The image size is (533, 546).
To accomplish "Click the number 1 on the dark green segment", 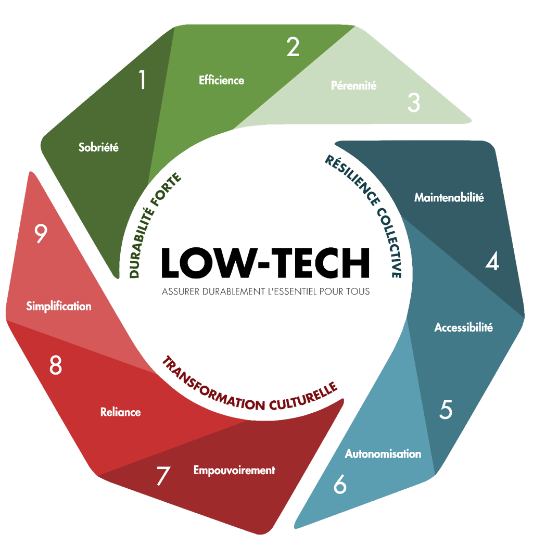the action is tap(142, 80).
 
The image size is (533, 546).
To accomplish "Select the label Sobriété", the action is tap(99, 147).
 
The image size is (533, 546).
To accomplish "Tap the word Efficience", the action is tap(221, 80).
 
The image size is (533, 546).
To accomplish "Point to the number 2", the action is tap(293, 47).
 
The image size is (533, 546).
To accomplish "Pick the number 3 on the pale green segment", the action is tap(413, 103).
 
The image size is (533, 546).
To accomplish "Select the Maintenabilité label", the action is tap(449, 198).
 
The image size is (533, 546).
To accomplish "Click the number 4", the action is tap(492, 262).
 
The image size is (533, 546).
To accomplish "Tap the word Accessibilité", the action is tap(463, 327).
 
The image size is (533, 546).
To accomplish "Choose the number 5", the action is tap(446, 410).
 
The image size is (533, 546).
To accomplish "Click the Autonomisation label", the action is tap(383, 454).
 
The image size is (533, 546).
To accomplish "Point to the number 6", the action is tap(340, 485).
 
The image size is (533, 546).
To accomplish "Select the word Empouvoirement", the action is tap(234, 470).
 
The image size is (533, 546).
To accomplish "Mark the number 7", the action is tap(163, 476).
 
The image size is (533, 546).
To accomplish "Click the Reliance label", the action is tap(121, 412).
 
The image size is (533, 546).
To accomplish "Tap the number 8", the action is tap(56, 366).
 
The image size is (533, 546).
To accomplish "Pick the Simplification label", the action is tap(59, 306).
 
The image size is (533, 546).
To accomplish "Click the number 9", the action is tap(41, 235).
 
